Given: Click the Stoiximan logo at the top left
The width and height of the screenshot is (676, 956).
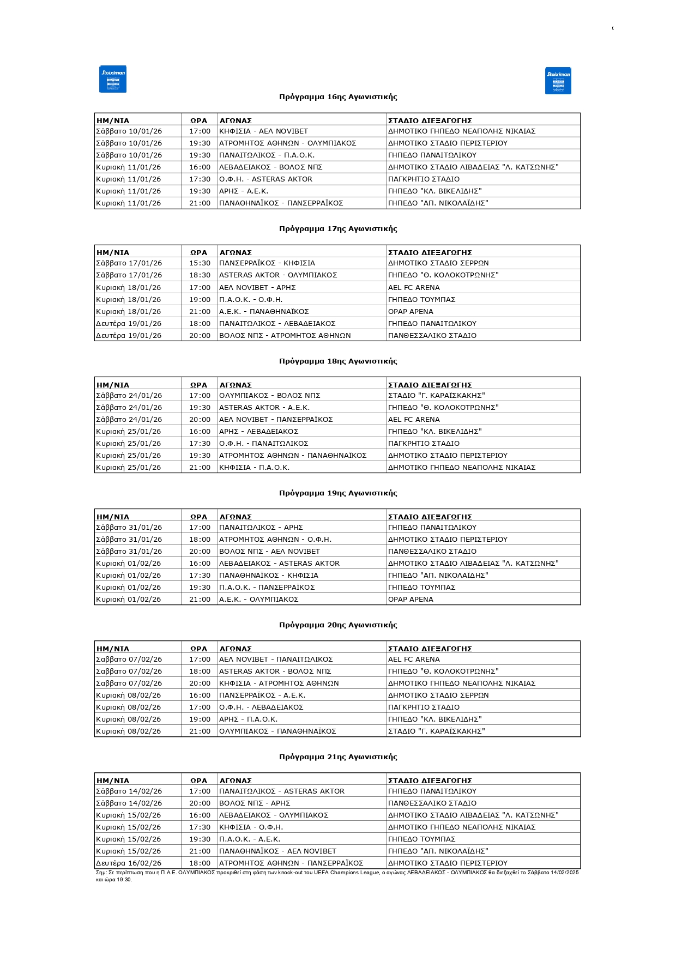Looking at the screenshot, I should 113,79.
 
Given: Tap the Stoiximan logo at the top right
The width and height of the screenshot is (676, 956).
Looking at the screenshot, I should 558,81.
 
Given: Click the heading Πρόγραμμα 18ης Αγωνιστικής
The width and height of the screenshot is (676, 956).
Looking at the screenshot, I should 338,361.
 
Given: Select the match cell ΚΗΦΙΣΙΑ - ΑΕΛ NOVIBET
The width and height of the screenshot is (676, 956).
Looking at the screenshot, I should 263,131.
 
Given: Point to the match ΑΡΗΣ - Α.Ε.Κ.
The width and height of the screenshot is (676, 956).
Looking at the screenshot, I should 244,191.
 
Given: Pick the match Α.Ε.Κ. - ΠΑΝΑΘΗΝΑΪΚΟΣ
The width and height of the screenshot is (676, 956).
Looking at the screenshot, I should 264,312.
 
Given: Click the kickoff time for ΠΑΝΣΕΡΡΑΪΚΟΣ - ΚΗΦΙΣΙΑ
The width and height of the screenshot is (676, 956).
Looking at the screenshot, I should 200,263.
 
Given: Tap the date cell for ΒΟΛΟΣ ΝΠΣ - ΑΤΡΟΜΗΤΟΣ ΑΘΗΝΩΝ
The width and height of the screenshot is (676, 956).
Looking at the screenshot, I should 129,336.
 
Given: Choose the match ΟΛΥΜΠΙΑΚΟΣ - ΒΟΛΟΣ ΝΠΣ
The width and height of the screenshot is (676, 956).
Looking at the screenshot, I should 269,396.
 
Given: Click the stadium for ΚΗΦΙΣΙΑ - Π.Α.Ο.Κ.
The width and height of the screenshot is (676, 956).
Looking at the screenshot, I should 461,468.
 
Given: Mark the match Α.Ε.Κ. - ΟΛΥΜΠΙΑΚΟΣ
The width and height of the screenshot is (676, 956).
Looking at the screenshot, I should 258,600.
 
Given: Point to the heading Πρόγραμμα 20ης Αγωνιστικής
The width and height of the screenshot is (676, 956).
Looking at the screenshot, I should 338,625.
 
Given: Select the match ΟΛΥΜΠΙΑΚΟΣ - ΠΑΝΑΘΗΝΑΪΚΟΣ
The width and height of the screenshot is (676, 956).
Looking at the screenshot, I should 277,731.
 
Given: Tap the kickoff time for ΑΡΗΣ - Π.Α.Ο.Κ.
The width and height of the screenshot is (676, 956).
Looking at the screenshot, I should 200,719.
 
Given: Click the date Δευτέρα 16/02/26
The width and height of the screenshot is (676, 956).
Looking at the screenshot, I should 129,863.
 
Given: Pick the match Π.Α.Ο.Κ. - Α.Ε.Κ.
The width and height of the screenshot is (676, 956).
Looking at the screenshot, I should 250,839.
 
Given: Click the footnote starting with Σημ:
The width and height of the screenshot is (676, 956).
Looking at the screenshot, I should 337,876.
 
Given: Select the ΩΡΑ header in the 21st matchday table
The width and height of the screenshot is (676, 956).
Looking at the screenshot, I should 198,780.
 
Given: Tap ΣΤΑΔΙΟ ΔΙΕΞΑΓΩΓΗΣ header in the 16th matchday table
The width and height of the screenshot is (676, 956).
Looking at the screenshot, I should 430,120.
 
